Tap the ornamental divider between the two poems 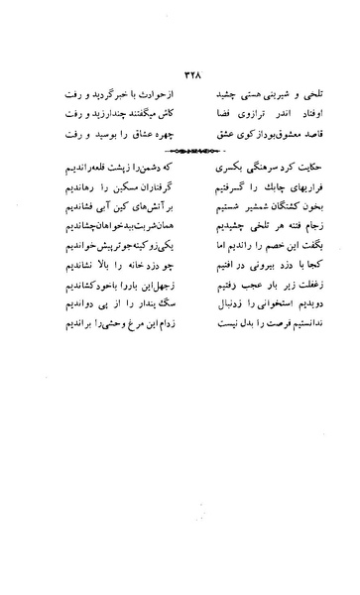[180, 151]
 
